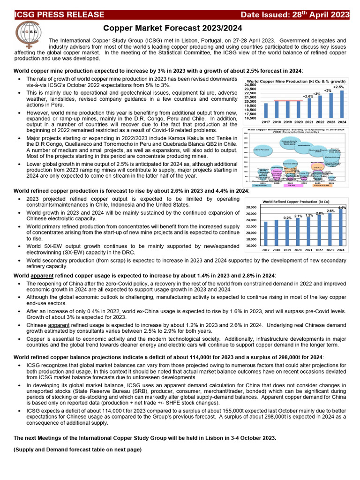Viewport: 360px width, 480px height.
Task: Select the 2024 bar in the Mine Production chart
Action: tap(341, 105)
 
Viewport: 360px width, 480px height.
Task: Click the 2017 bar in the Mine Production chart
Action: tap(266, 112)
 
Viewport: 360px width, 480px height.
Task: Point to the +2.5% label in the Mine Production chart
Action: tap(338, 87)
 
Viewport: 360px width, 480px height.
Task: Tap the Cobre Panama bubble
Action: tap(262, 150)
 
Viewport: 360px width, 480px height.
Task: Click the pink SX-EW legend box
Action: tap(291, 186)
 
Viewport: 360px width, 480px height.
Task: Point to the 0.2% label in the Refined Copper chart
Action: tap(288, 217)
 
